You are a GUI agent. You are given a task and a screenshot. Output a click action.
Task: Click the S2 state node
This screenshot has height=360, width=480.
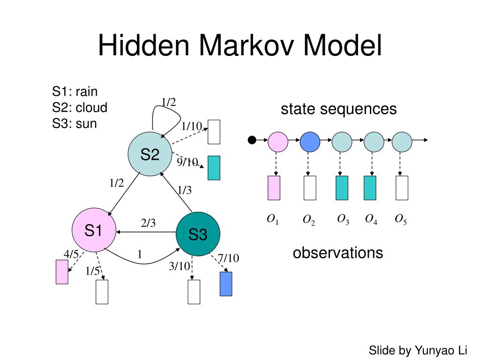coord(150,154)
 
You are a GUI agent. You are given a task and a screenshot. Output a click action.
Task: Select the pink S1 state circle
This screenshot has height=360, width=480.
coord(93,230)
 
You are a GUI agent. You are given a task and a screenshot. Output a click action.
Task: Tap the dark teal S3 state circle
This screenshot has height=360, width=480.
coord(198,234)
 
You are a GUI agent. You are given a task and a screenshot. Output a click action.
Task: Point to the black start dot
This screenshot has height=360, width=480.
coord(252,140)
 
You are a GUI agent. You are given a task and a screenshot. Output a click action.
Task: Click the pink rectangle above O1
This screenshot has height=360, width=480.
coord(274,188)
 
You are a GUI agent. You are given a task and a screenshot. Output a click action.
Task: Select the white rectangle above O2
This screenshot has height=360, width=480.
coord(310,188)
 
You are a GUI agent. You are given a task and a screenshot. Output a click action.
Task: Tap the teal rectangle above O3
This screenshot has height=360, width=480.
coord(342,188)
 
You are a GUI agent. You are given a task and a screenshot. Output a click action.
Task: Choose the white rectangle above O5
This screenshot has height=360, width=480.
coord(402,188)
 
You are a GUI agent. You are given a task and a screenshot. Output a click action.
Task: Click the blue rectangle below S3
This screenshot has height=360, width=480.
coord(226,284)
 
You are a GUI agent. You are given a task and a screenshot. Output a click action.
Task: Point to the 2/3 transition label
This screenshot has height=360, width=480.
coord(148,224)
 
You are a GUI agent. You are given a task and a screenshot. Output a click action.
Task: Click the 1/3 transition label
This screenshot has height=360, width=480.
coord(184,190)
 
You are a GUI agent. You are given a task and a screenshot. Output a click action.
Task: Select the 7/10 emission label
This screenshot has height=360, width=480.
coord(228,258)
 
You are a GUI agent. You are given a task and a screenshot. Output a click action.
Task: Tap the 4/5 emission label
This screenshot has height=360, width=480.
coord(71,254)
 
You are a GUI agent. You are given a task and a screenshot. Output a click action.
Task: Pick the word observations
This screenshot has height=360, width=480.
coord(337,253)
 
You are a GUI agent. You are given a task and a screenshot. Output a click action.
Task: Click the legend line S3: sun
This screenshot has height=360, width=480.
coord(75,124)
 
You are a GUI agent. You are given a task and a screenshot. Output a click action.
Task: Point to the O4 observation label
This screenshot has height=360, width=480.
coord(372,219)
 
